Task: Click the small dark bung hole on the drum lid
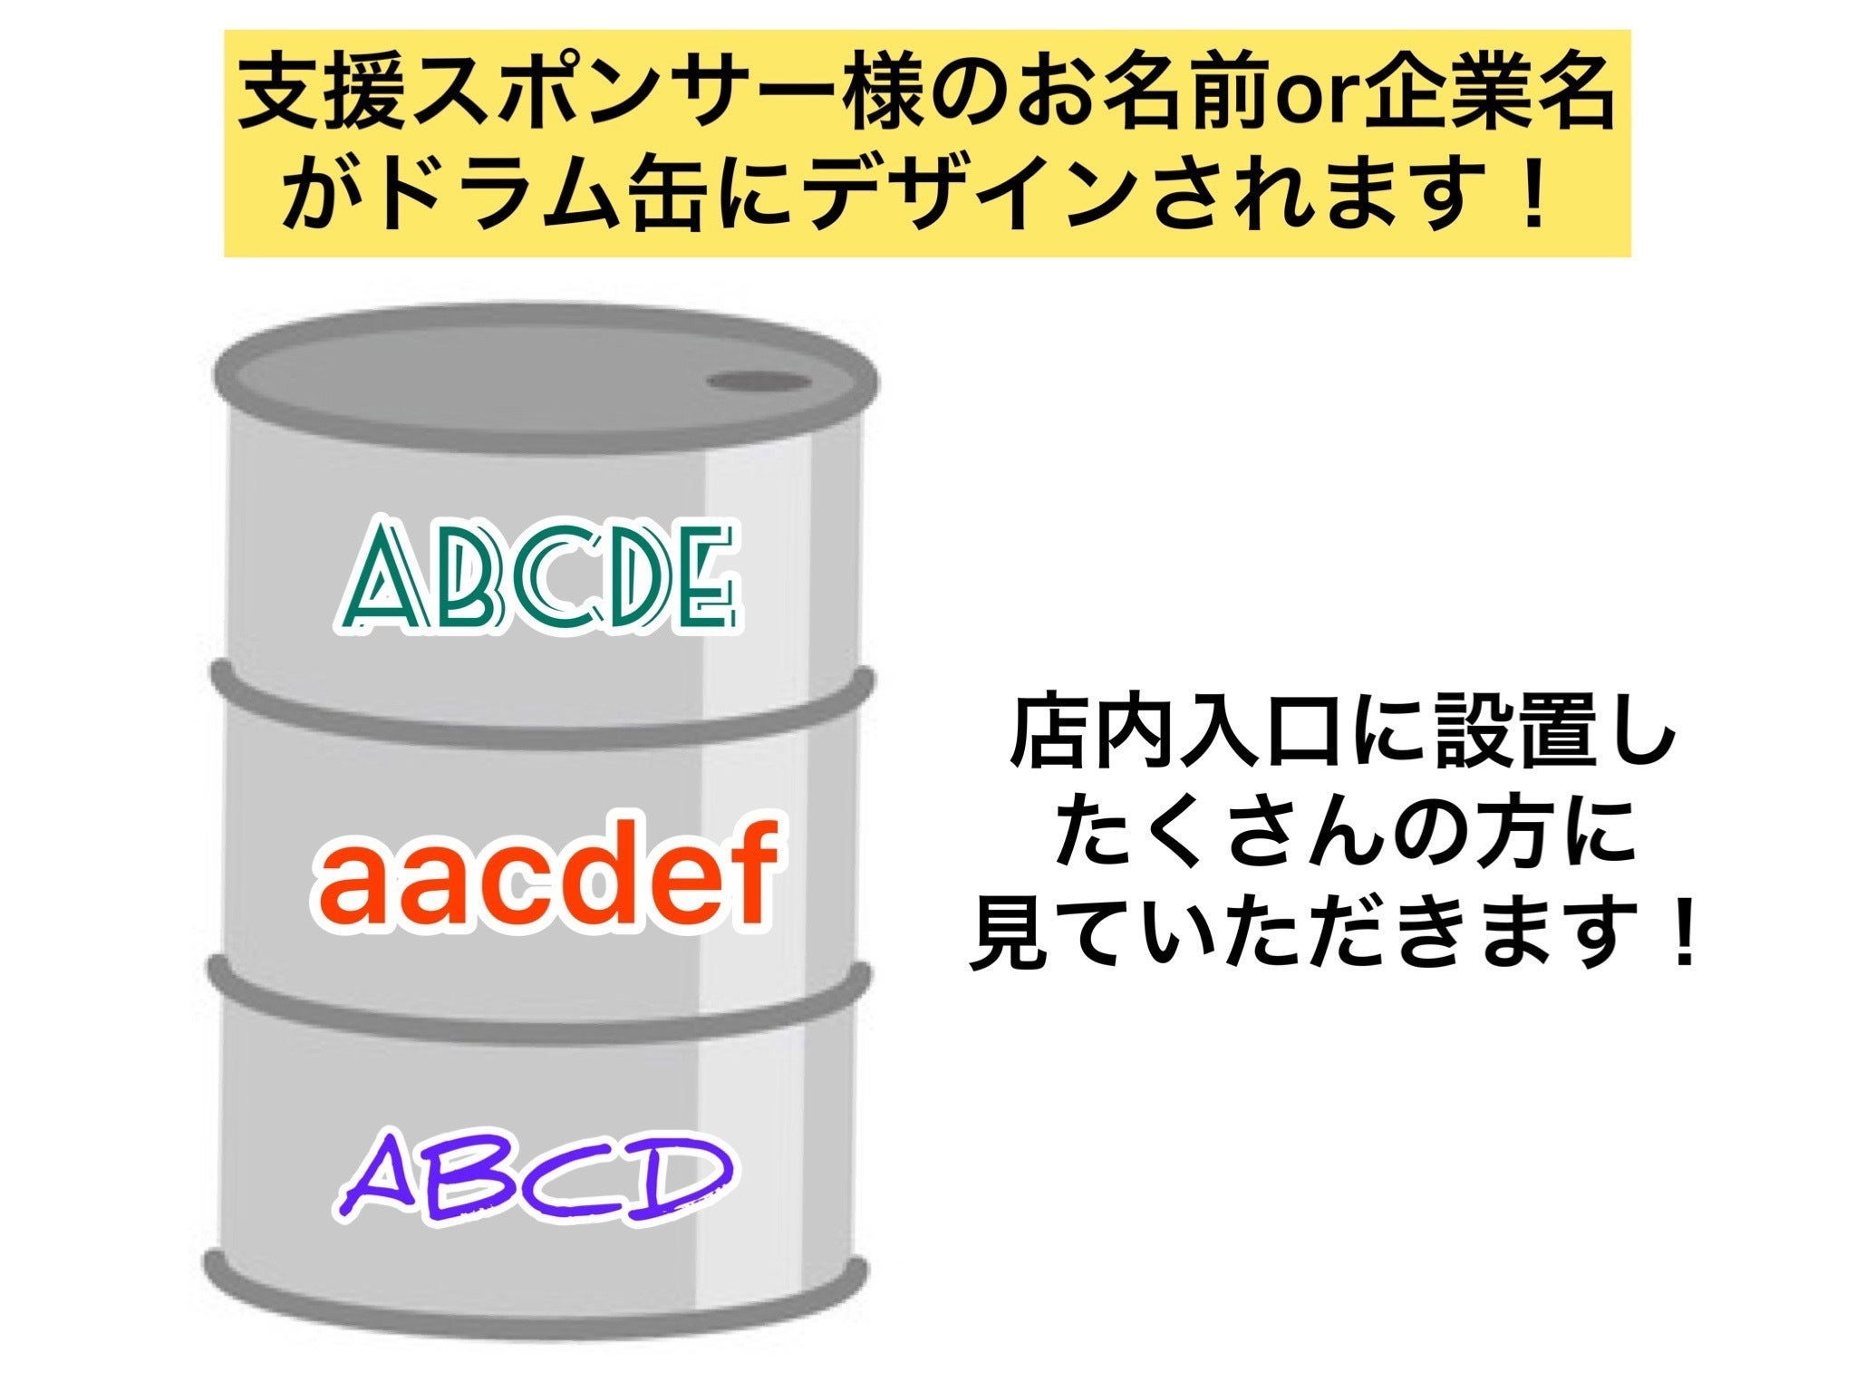pyautogui.click(x=759, y=382)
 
